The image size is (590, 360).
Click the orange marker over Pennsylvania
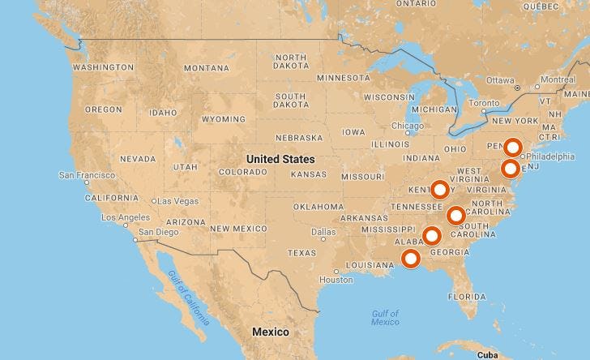pyautogui.click(x=512, y=148)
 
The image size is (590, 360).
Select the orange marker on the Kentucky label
pyautogui.click(x=439, y=190)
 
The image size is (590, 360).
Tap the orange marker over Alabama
pyautogui.click(x=432, y=236)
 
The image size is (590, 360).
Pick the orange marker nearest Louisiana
pyautogui.click(x=411, y=259)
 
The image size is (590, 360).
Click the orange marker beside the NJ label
pyautogui.click(x=510, y=169)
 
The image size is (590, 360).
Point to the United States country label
pyautogui.click(x=280, y=159)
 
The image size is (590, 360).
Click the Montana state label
pyautogui.click(x=207, y=69)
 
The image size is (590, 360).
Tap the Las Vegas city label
pyautogui.click(x=177, y=201)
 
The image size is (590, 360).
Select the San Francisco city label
pyautogui.click(x=89, y=175)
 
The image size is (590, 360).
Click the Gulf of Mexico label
pyautogui.click(x=385, y=318)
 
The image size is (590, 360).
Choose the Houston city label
pyautogui.click(x=336, y=280)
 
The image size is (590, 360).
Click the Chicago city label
pyautogui.click(x=407, y=126)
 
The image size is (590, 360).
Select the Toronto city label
pyautogui.click(x=486, y=103)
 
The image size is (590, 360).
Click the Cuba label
pyautogui.click(x=486, y=355)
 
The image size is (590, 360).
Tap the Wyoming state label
pyautogui.click(x=223, y=119)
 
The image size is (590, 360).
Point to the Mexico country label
pyautogui.click(x=270, y=332)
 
